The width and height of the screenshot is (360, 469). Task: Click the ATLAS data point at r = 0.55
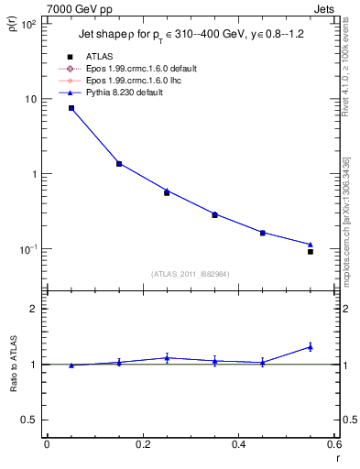point(311,251)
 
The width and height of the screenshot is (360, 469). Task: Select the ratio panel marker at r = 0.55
point(311,346)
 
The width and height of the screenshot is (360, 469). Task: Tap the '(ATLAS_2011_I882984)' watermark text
point(190,273)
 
